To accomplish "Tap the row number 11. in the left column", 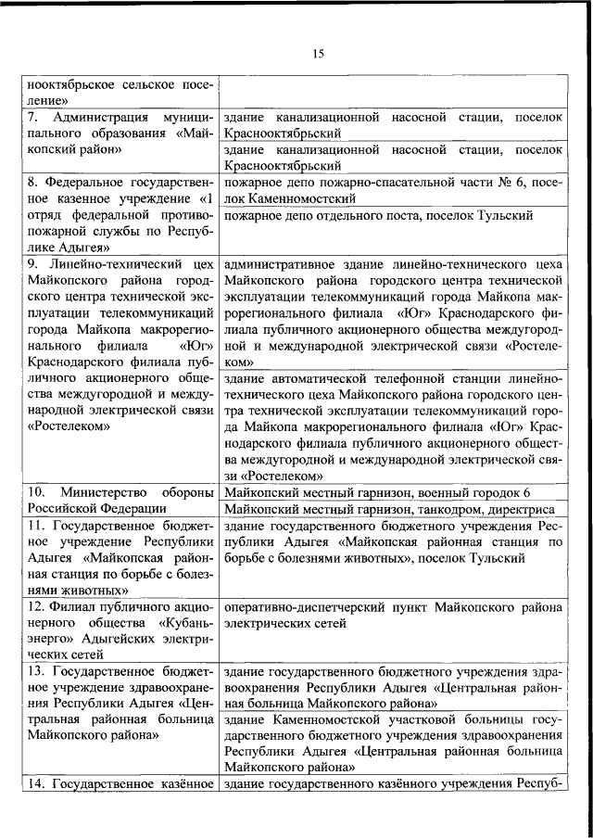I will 34,525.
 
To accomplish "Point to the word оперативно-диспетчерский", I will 299,605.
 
